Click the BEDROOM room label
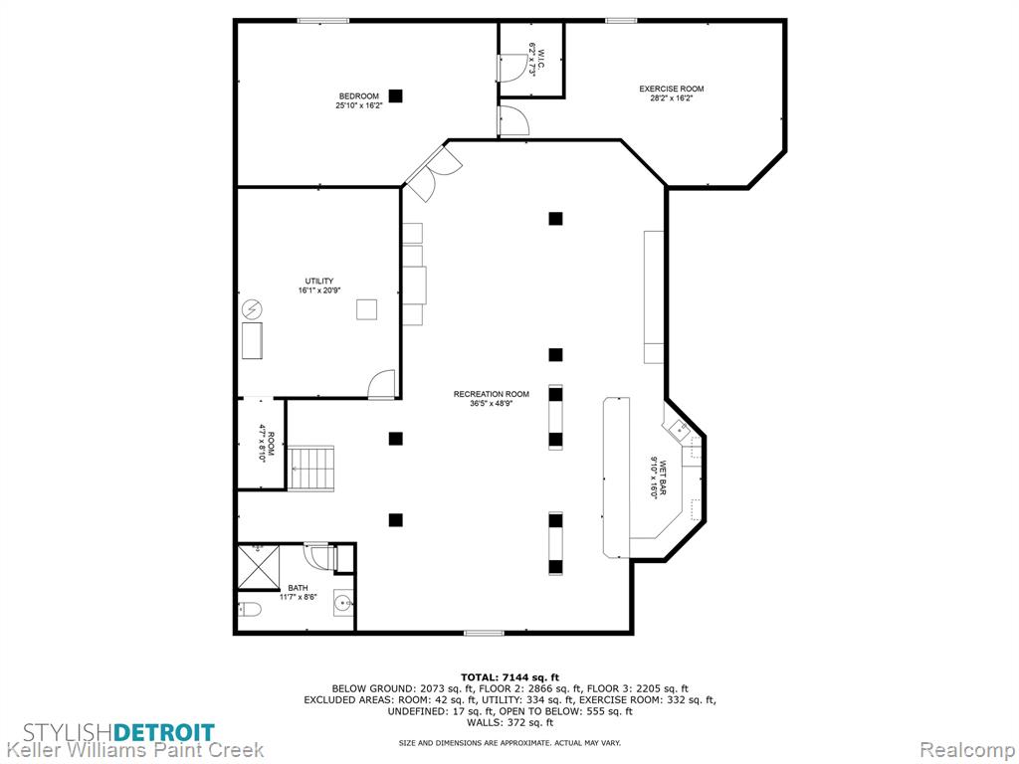pyautogui.click(x=358, y=96)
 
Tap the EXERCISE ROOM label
pyautogui.click(x=672, y=89)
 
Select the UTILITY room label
pyautogui.click(x=319, y=282)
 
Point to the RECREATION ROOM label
pyautogui.click(x=492, y=394)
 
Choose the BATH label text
pyautogui.click(x=299, y=588)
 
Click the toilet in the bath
pyautogui.click(x=250, y=609)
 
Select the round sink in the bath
pyautogui.click(x=343, y=604)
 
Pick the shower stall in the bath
pyautogui.click(x=258, y=567)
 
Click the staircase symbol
pyautogui.click(x=311, y=469)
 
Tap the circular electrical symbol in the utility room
pyautogui.click(x=252, y=309)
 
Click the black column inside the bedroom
pyautogui.click(x=395, y=95)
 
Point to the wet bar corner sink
pyautogui.click(x=679, y=428)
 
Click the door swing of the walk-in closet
pyautogui.click(x=509, y=67)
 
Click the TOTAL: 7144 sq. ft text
pyautogui.click(x=510, y=676)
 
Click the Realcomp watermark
pyautogui.click(x=966, y=750)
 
